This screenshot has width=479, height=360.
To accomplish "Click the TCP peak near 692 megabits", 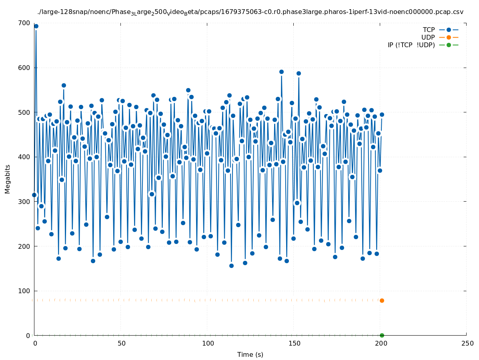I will tap(36, 26).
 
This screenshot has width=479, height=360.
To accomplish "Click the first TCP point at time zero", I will tap(34, 195).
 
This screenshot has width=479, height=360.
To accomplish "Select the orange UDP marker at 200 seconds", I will tap(382, 300).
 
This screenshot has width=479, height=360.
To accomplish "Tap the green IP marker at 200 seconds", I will tap(382, 335).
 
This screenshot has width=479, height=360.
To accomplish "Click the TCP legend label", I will tap(429, 30).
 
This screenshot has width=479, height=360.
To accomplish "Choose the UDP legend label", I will tap(428, 38).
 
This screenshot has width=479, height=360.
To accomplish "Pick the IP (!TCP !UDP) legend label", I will tap(411, 45).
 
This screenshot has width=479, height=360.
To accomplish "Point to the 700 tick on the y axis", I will tap(25, 23).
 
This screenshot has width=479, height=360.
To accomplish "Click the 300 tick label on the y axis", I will tap(25, 202).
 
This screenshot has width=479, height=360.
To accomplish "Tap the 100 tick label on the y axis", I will tap(25, 291).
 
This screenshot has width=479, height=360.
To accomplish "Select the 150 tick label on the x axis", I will tap(294, 343).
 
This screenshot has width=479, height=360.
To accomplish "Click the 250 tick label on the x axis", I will tap(467, 343).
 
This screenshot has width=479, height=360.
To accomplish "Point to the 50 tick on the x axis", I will tap(121, 343).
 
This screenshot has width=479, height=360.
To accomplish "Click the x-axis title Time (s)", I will tap(250, 354).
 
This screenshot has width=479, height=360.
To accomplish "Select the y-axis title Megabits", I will tap(8, 179).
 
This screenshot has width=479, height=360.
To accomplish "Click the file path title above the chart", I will tap(250, 12).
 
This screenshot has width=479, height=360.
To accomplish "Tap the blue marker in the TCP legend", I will tap(449, 30).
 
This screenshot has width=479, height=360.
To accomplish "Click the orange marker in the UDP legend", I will tap(449, 38).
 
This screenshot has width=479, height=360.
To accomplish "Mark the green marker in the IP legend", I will tap(449, 45).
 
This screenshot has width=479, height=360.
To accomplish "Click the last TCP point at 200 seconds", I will tap(382, 115).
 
